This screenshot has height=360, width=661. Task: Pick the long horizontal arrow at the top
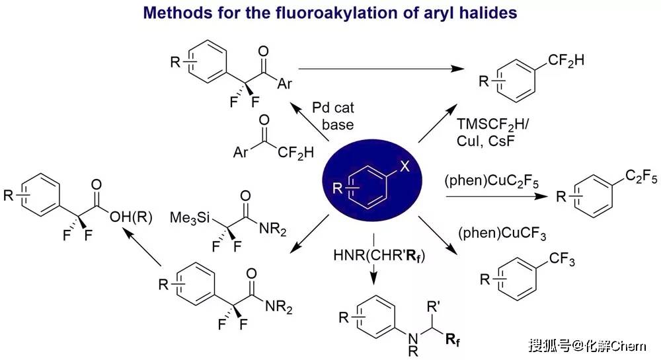tap(380, 68)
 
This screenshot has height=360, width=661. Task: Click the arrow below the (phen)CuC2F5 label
tap(490, 196)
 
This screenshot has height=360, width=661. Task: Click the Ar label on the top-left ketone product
tap(285, 84)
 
